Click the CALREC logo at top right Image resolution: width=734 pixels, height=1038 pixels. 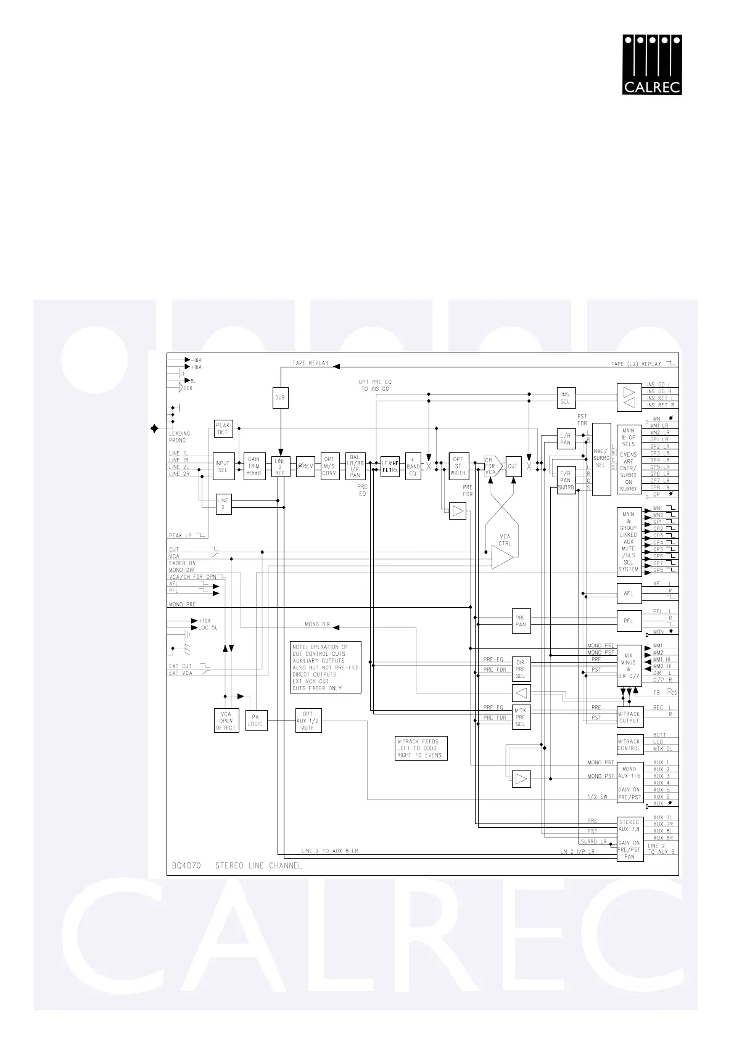(x=652, y=65)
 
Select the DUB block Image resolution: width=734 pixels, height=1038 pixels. (x=280, y=398)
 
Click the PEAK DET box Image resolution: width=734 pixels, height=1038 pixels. (x=223, y=428)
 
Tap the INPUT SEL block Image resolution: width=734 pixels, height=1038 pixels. (x=223, y=467)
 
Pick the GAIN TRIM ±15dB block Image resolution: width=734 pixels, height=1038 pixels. (x=254, y=467)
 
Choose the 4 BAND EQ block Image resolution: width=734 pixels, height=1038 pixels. (x=413, y=467)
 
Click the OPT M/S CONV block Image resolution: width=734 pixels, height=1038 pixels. (x=330, y=467)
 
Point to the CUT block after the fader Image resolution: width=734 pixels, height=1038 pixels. (x=513, y=467)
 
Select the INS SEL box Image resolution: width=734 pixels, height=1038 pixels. (x=566, y=398)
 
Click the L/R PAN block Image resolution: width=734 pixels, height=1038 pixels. (x=566, y=439)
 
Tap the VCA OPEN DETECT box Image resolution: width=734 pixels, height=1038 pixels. (x=226, y=721)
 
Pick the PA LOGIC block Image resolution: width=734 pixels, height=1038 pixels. (x=255, y=721)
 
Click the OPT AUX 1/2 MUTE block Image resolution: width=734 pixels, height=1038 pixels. (x=308, y=721)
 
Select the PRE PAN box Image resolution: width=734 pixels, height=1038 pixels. (x=521, y=621)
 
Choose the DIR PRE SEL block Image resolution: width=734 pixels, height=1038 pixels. (x=521, y=669)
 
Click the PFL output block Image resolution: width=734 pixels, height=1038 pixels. (x=629, y=621)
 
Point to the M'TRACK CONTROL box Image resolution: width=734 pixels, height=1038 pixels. (x=629, y=745)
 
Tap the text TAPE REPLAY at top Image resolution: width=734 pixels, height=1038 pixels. (x=310, y=363)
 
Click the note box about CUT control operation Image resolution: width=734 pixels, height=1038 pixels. (x=326, y=667)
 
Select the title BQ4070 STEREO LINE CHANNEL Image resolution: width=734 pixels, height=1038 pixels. (x=236, y=865)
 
